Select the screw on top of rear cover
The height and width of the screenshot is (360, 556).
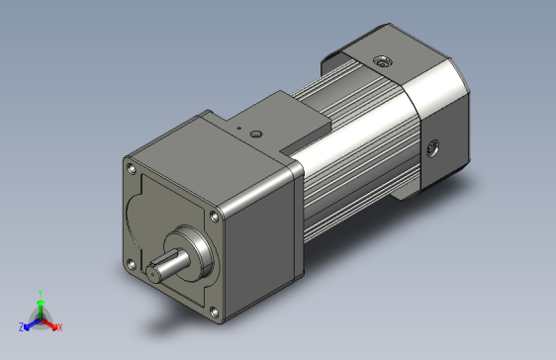[381, 62]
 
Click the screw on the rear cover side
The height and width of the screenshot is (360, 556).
[432, 150]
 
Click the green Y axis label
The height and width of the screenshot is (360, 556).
[40, 293]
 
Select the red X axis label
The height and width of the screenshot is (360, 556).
[59, 326]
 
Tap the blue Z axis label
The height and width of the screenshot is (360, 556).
[21, 325]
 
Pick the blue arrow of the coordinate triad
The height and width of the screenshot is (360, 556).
[31, 322]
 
